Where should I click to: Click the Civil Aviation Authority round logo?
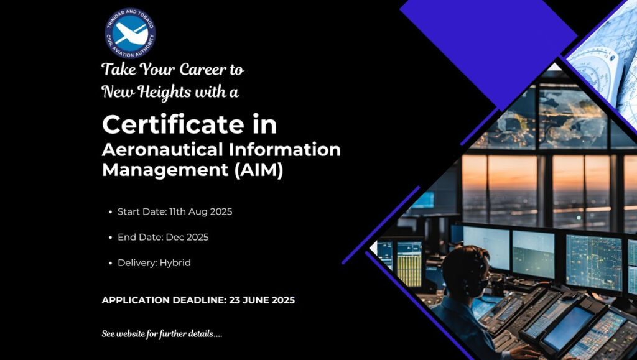[x=130, y=34]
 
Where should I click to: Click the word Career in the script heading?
[x=202, y=70]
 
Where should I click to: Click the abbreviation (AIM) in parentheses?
[x=259, y=170]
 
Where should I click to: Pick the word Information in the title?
[x=285, y=150]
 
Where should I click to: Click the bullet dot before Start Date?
[x=111, y=212]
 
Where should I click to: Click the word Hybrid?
[x=175, y=263]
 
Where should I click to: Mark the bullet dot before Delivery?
[x=111, y=264]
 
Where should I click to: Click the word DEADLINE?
[x=199, y=300]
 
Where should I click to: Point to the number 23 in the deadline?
[x=235, y=300]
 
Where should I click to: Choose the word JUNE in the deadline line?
[x=256, y=300]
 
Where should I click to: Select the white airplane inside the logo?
[x=130, y=34]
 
